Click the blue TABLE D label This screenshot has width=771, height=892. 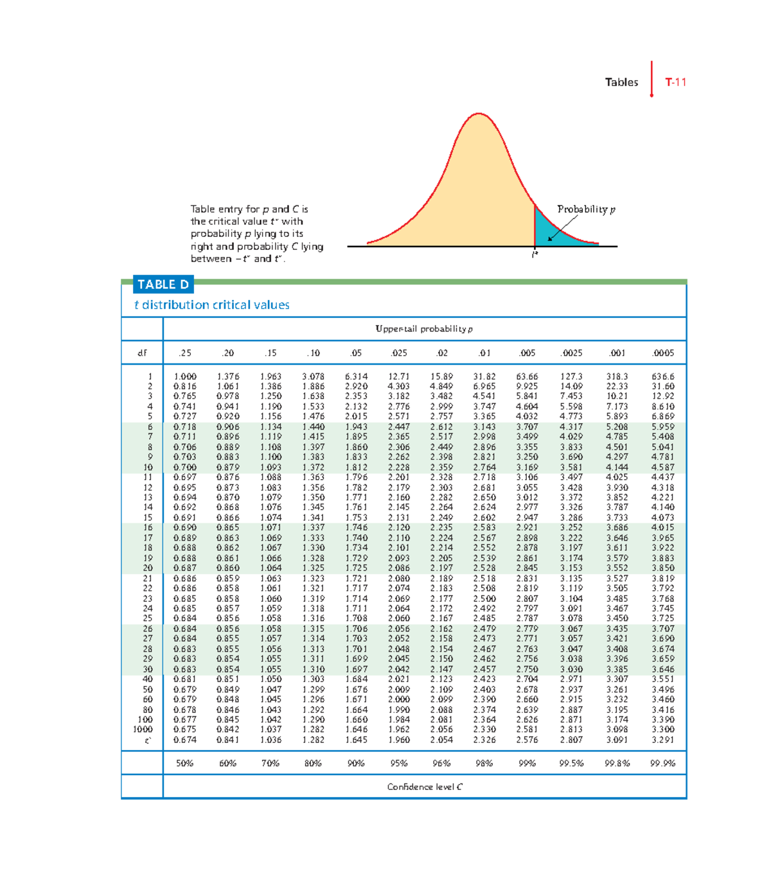(163, 284)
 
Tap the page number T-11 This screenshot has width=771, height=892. (675, 82)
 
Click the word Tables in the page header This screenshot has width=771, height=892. (621, 82)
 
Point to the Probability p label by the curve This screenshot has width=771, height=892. (586, 209)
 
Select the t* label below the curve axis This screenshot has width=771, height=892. (535, 254)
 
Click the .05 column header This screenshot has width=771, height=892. (356, 353)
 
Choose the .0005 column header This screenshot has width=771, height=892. (662, 353)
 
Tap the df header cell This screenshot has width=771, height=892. (142, 353)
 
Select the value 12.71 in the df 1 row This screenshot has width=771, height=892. (398, 377)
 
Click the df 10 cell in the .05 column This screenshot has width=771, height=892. (356, 468)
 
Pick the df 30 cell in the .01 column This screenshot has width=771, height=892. (484, 669)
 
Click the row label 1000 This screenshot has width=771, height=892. (143, 730)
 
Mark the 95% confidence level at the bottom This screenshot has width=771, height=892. (398, 764)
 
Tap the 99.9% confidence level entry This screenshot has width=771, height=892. (662, 764)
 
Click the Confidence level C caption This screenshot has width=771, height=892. (425, 787)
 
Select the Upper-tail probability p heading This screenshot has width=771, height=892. (424, 329)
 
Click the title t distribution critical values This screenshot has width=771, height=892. (212, 305)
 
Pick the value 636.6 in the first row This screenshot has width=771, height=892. (662, 377)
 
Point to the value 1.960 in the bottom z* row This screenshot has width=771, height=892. (398, 740)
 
